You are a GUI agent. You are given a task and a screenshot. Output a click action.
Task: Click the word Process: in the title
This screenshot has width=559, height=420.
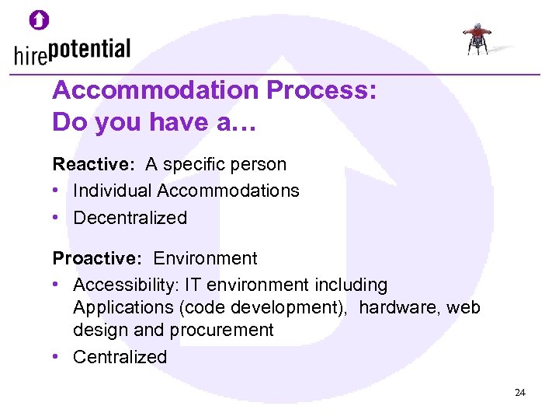322,92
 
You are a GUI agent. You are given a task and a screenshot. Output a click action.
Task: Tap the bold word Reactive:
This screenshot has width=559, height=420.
93,164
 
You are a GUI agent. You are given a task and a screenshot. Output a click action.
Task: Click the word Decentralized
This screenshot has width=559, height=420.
130,218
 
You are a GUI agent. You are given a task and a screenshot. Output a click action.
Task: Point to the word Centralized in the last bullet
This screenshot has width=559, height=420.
120,357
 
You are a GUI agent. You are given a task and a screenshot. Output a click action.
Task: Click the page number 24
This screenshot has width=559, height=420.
519,393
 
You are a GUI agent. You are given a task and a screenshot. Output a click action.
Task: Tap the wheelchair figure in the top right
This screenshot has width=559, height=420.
476,38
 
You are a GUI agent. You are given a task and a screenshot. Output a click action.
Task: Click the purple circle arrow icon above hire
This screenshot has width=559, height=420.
40,20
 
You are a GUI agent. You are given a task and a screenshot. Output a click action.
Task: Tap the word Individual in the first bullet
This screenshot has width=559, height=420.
113,191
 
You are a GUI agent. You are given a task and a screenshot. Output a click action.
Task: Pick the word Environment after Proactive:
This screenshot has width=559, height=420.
205,258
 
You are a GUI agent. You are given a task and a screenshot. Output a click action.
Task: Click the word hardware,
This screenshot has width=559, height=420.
395,307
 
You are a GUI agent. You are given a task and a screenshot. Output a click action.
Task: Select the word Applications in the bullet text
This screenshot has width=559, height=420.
123,307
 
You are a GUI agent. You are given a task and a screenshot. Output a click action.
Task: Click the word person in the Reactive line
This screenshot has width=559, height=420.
262,164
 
